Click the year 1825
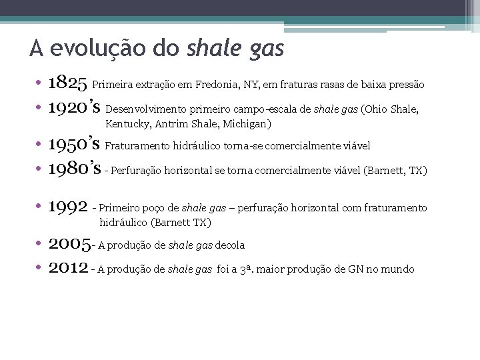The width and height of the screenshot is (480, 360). click(x=68, y=83)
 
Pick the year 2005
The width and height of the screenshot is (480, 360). click(x=68, y=244)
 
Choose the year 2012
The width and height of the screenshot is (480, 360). click(x=68, y=268)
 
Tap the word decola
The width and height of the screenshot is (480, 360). click(x=230, y=245)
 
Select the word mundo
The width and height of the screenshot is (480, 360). click(x=399, y=269)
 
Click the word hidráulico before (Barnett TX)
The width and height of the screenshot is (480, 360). click(x=124, y=222)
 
